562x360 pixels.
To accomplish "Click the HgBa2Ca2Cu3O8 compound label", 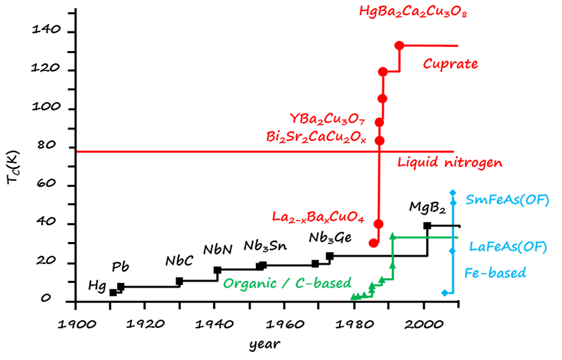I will coord(413,12).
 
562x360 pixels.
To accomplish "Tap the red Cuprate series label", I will coord(450,64).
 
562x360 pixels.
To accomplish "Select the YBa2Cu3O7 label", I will coord(327,119).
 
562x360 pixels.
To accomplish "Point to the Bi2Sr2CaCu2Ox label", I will coord(316,137).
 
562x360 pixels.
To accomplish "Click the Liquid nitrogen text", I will coord(449,162).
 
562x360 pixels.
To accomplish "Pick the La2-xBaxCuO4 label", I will coord(318,217).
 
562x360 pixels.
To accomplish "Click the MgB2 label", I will coord(427,207).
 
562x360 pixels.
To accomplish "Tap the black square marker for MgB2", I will coord(427,226).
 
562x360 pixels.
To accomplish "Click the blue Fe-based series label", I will coord(494,273).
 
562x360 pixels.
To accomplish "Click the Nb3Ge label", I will coord(330,238).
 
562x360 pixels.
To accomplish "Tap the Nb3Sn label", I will coord(265,245).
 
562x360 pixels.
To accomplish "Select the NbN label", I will coord(218,249).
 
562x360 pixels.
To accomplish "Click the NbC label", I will coord(179,261).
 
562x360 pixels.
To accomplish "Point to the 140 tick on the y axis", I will coord(45,32).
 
